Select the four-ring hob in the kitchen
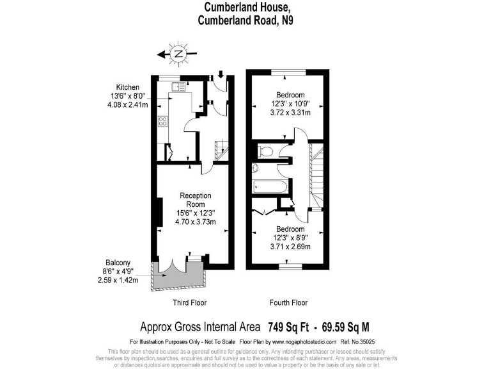162,122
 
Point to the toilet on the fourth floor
267,151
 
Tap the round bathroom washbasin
255,168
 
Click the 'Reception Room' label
195,200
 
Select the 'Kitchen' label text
127,87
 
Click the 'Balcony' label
118,263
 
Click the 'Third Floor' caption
190,302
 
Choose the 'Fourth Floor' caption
290,302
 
